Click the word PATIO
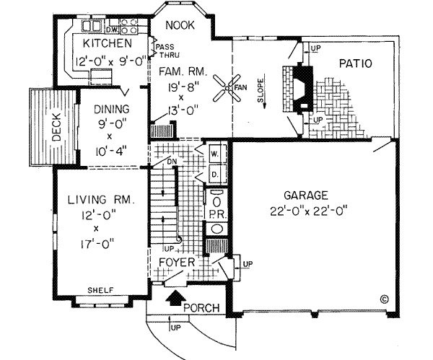[x=354, y=63]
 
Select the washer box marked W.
[x=216, y=154]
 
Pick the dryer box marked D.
[x=216, y=174]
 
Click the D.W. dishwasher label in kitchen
[x=113, y=30]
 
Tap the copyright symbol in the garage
[x=383, y=297]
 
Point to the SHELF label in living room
[x=100, y=290]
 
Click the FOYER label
[x=177, y=263]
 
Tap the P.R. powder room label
[x=216, y=214]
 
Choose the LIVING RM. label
[x=101, y=200]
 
